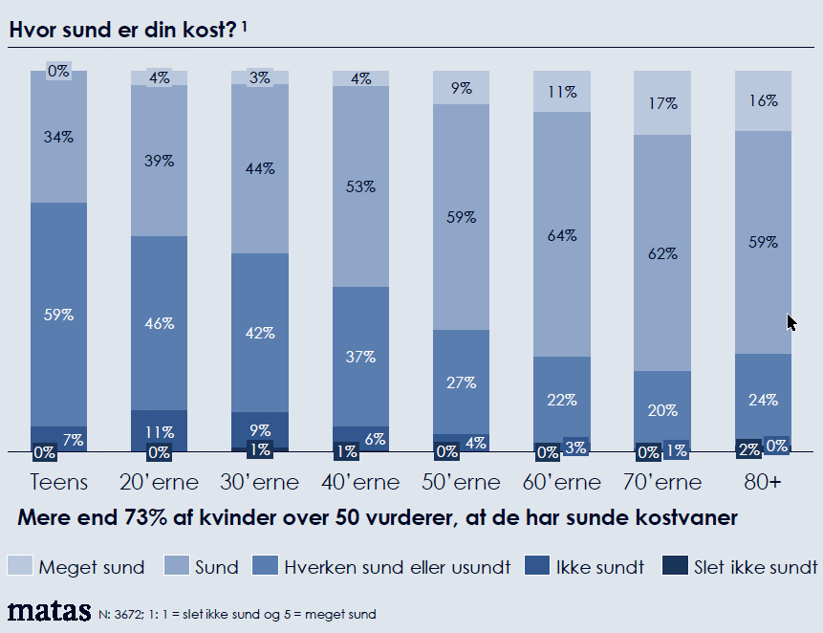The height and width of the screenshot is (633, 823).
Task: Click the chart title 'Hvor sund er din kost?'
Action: point(123,30)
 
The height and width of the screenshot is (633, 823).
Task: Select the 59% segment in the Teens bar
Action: point(59,315)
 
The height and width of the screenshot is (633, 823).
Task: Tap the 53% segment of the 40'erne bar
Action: point(361,186)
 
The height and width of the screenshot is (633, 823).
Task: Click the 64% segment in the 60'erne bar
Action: point(562,235)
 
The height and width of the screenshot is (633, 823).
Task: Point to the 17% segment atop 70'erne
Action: point(662,102)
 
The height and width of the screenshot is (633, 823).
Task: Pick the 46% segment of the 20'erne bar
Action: point(160,323)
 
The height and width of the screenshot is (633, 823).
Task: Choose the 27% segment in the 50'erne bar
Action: point(462,382)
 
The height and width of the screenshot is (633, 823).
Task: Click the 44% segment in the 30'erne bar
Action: point(260,168)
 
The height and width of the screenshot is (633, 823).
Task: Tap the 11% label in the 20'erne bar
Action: point(160,431)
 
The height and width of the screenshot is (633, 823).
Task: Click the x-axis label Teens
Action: point(59,482)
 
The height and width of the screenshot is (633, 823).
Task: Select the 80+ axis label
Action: point(763,482)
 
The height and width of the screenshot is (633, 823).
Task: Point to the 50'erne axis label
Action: point(462,482)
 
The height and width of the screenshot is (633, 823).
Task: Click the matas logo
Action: point(50,611)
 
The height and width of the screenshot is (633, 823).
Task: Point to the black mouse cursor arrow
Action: point(791,322)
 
